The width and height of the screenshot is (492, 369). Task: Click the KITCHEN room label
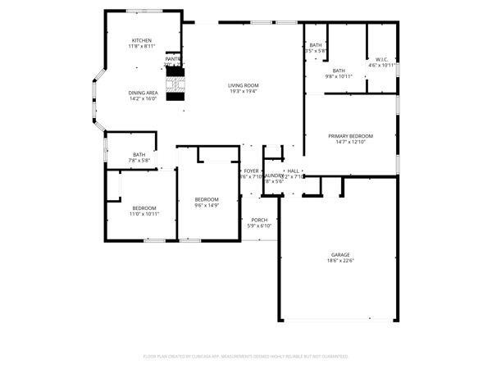click(142, 41)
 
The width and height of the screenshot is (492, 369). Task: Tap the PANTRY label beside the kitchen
click(173, 59)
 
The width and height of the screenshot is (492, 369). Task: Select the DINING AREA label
click(143, 93)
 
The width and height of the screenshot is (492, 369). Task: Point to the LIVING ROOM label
click(244, 85)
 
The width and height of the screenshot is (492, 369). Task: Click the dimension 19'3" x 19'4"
click(244, 92)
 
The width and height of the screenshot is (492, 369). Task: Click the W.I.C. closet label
click(382, 59)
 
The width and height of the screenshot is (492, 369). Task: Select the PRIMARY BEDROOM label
click(350, 136)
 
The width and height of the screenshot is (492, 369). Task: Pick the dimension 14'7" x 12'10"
click(350, 143)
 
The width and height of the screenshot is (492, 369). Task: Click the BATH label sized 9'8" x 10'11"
click(339, 71)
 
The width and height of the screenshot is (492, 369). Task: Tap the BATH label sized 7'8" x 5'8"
click(139, 154)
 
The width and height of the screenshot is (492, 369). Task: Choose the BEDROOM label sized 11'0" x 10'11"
click(144, 208)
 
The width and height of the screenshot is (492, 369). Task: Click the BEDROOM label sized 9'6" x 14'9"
click(207, 200)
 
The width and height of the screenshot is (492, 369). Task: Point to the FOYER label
click(251, 171)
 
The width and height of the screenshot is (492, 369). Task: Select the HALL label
click(293, 171)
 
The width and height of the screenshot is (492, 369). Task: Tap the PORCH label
click(259, 220)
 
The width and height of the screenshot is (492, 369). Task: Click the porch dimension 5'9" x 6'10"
click(259, 226)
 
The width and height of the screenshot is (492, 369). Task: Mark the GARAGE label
click(340, 255)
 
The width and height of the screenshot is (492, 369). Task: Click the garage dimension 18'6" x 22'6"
click(340, 262)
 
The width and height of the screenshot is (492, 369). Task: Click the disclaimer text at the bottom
click(246, 357)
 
